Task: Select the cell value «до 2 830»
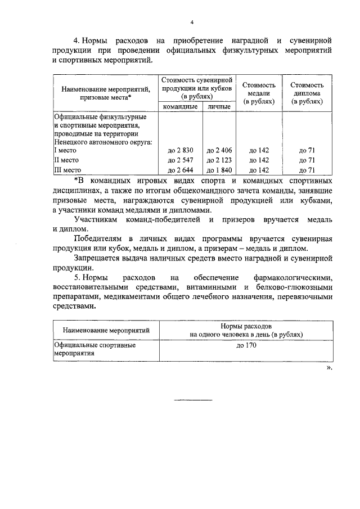pos(180,150)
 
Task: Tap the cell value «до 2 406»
pos(219,150)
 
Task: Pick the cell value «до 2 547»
pos(180,160)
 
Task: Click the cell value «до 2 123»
pos(219,160)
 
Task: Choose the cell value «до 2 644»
pos(180,170)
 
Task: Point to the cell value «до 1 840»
pos(219,170)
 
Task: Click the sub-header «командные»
pos(180,106)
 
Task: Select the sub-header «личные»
pos(219,106)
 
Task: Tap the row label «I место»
pos(65,150)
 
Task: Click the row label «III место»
pos(67,170)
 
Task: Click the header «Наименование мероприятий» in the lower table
pos(106,330)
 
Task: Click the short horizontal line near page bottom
pos(193,400)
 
